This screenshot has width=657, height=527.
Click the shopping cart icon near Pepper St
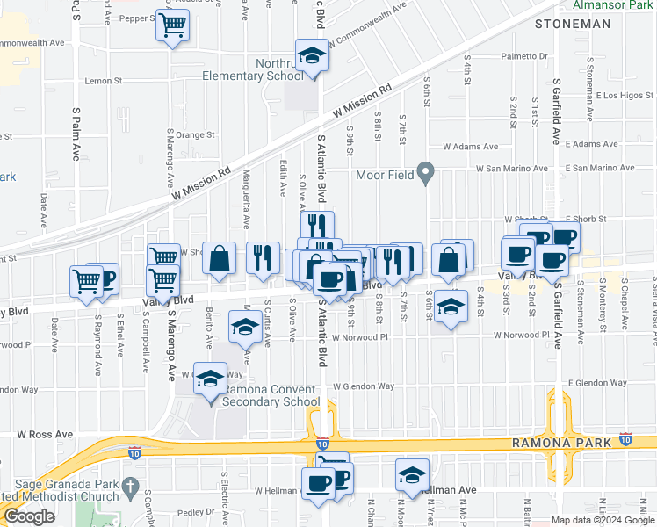tap(173, 25)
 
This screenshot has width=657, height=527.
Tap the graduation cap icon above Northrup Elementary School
tap(309, 56)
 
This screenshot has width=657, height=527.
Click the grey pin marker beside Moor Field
tap(426, 173)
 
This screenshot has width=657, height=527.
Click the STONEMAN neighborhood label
tap(572, 24)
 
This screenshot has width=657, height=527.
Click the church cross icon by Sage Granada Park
tap(129, 485)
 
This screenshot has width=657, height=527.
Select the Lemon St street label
tap(103, 81)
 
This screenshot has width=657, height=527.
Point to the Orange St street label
tap(195, 134)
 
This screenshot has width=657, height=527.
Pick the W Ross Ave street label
tap(46, 434)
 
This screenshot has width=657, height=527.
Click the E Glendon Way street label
tap(596, 383)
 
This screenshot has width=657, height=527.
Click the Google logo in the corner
tap(29, 516)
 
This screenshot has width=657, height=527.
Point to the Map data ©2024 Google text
tap(602, 520)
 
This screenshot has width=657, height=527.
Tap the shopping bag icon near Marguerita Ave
tap(220, 258)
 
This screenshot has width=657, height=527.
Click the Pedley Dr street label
tap(190, 512)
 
